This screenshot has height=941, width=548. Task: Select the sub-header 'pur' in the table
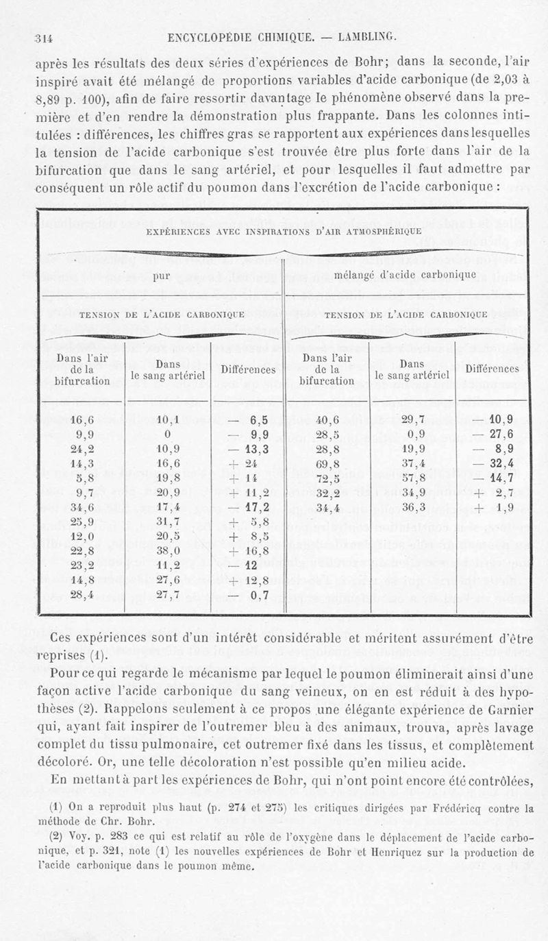[x=161, y=276]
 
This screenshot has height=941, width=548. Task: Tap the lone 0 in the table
[x=167, y=433]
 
